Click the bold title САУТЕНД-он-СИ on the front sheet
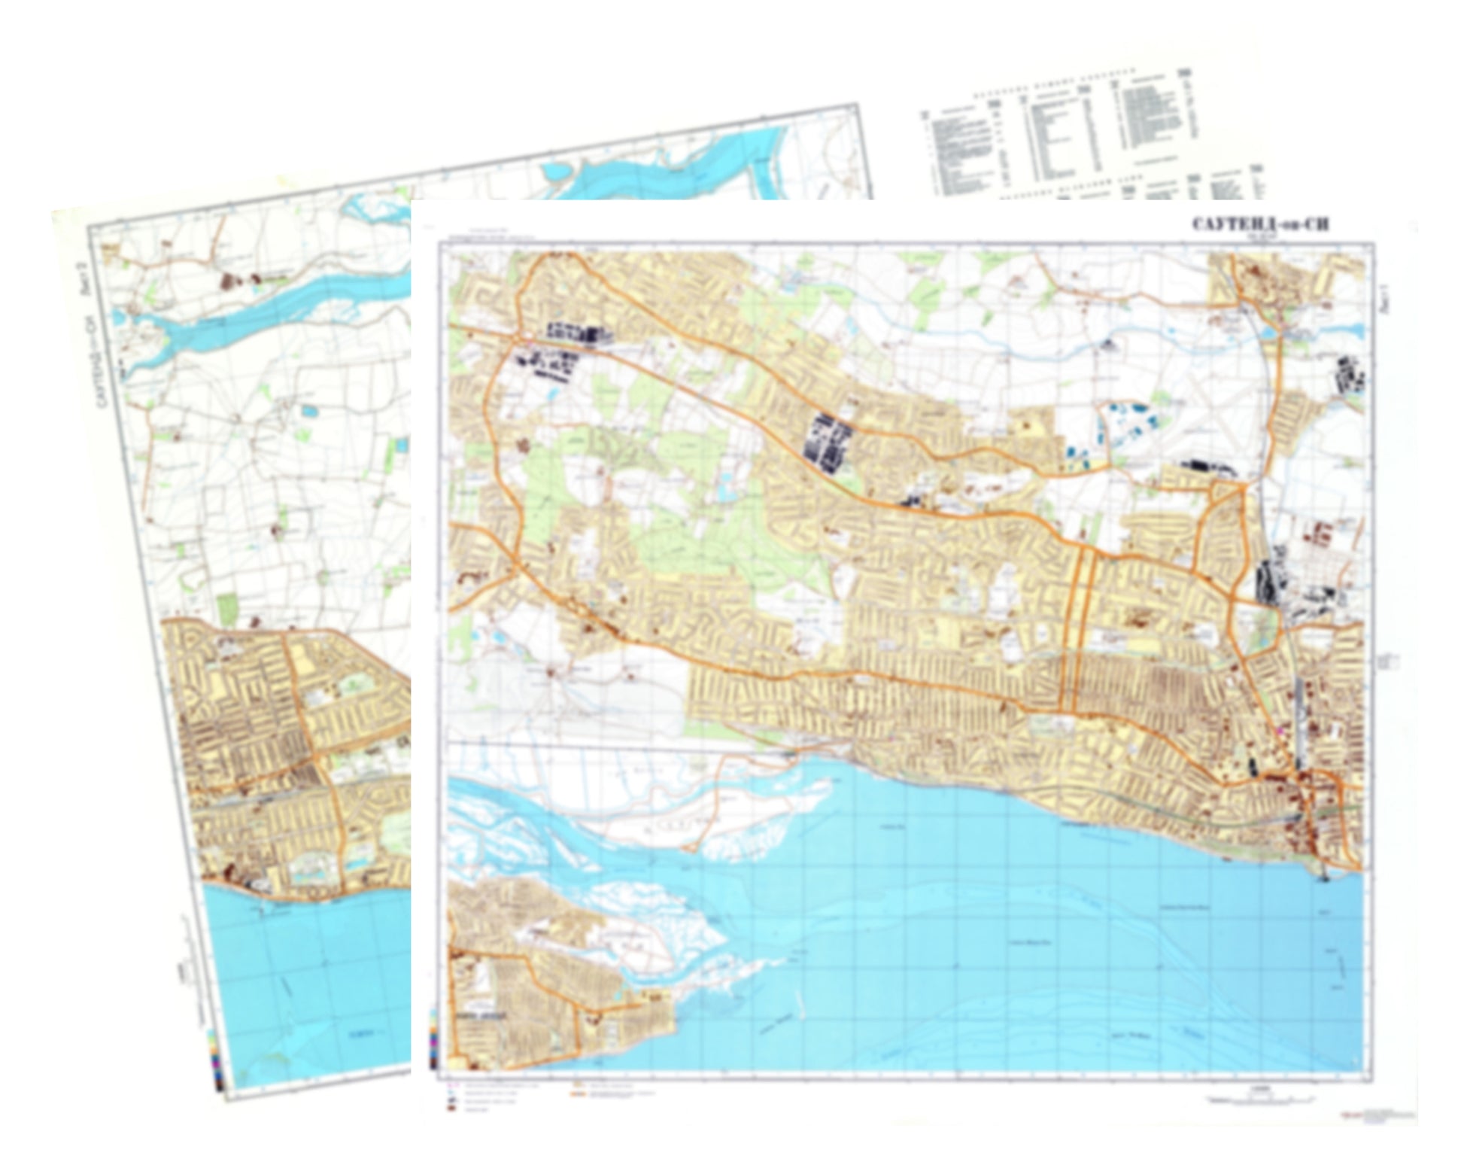point(1260,224)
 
